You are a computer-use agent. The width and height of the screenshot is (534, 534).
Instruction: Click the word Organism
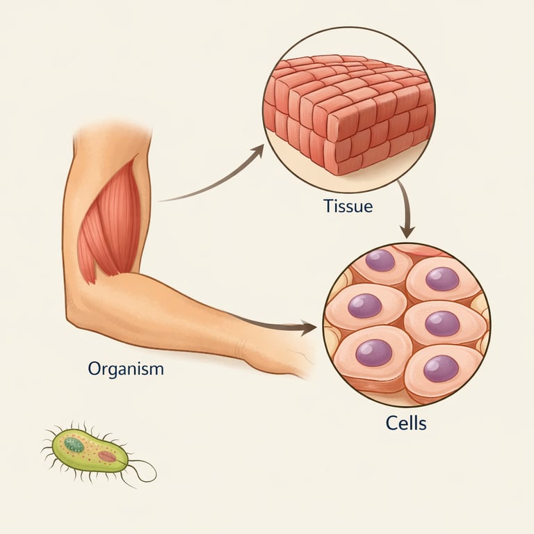point(126,369)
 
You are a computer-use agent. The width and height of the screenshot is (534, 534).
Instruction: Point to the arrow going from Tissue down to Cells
point(405,209)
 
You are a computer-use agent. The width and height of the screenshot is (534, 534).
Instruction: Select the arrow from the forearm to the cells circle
point(271,324)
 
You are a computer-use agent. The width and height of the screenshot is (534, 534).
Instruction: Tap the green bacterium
point(90,451)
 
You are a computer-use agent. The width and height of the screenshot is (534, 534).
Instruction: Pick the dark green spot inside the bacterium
point(74,445)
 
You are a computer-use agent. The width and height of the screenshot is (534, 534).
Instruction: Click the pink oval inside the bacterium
point(107,456)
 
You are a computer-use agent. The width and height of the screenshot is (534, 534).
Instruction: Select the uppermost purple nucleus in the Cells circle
point(380,260)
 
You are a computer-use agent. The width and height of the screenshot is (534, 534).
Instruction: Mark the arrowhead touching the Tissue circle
point(259,149)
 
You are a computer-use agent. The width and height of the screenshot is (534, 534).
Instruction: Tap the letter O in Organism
point(94,369)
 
